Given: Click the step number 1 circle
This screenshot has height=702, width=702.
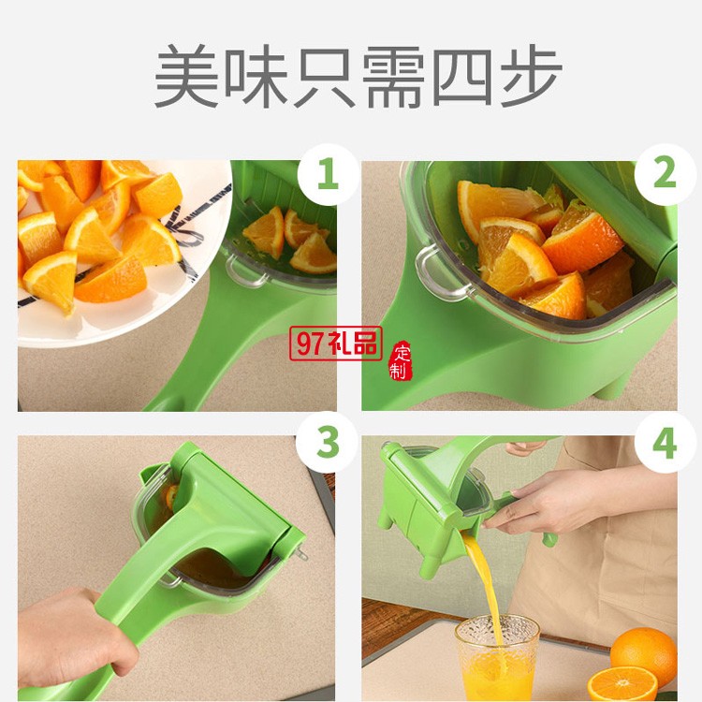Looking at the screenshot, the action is [328, 174].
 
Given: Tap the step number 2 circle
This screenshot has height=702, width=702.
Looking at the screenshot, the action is [665, 174].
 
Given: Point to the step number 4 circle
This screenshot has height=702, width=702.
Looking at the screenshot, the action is [665, 442].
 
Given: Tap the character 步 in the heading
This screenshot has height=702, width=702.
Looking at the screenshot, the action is [531, 75].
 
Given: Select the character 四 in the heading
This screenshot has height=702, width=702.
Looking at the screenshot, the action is [462, 76].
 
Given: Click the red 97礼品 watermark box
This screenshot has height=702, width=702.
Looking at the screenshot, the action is [336, 344].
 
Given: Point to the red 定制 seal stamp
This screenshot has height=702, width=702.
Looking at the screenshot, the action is [401, 361].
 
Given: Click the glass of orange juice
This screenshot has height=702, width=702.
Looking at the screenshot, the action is [497, 658].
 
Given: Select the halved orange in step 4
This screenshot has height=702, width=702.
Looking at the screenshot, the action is [622, 684].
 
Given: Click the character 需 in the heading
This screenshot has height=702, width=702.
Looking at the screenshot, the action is [393, 76].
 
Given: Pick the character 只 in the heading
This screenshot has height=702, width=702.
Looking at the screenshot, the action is [324, 76].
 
